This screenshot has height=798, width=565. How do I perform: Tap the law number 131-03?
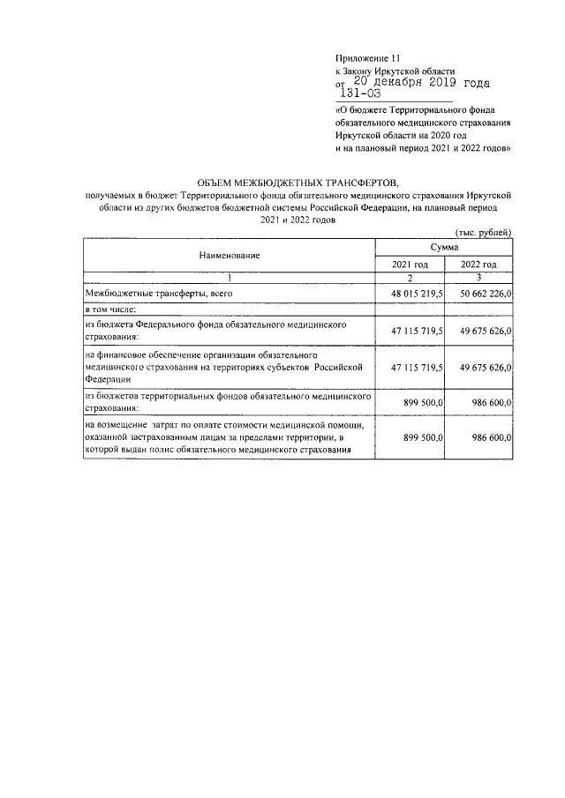click(360, 93)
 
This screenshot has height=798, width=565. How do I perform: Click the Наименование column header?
click(229, 255)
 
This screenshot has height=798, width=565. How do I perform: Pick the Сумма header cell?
click(444, 248)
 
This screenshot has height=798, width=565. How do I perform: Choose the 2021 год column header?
click(410, 264)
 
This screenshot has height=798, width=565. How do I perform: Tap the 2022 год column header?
click(478, 264)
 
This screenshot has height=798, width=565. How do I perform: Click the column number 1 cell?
click(229, 278)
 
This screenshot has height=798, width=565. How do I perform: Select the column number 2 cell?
click(410, 278)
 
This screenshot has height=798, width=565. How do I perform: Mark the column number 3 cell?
click(478, 278)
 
